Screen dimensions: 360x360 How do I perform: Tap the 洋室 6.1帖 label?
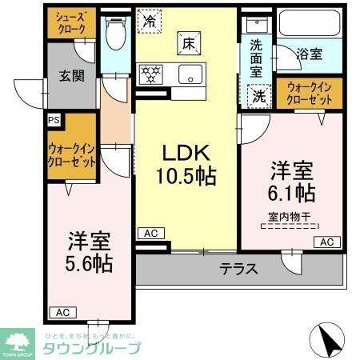291,182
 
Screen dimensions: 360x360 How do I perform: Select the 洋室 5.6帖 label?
88,251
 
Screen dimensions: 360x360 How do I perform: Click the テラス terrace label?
239,269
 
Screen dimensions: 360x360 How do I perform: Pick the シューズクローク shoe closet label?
71,23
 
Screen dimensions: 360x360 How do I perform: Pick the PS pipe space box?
53,120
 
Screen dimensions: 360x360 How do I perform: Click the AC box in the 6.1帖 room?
326,242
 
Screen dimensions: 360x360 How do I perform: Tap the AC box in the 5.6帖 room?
62,312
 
